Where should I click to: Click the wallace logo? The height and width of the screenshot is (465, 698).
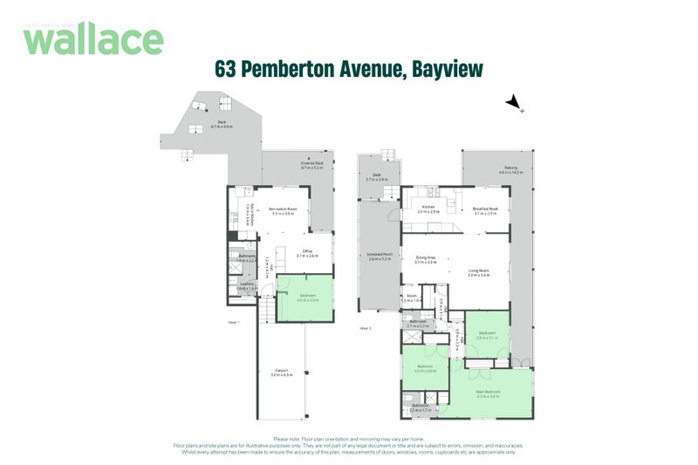pyautogui.click(x=93, y=39)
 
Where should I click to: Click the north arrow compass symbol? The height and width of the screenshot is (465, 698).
pyautogui.click(x=514, y=104)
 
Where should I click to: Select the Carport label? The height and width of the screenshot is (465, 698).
pyautogui.click(x=280, y=371)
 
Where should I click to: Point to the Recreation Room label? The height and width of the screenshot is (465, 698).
pyautogui.click(x=281, y=210)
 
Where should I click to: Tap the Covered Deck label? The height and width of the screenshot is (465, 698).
pyautogui.click(x=311, y=163)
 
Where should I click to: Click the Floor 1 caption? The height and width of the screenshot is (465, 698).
pyautogui.click(x=233, y=322)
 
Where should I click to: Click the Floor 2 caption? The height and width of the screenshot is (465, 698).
pyautogui.click(x=366, y=329)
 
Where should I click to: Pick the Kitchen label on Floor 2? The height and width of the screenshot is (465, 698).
pyautogui.click(x=428, y=208)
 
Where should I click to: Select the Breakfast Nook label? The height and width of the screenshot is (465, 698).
pyautogui.click(x=485, y=208)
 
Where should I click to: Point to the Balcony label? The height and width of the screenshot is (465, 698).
pyautogui.click(x=510, y=168)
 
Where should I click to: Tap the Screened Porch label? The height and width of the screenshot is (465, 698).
pyautogui.click(x=381, y=255)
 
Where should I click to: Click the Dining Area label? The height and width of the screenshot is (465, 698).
pyautogui.click(x=426, y=257)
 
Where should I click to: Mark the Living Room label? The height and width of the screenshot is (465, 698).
pyautogui.click(x=479, y=272)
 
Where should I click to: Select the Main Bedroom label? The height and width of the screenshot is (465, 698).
pyautogui.click(x=487, y=392)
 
